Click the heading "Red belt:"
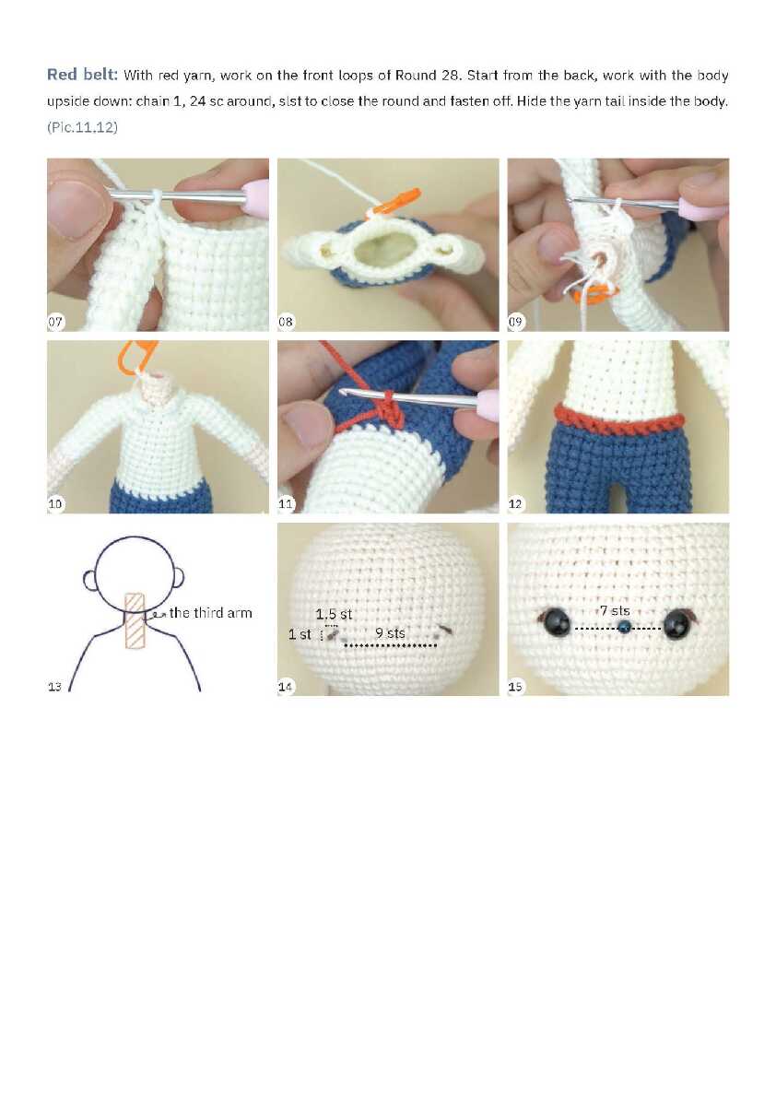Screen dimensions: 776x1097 coord(83,74)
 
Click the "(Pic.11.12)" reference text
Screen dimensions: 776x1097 coord(83,127)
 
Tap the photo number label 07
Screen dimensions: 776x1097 coord(55,322)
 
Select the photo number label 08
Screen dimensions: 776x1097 coord(286,322)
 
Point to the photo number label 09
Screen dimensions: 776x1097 coord(516,322)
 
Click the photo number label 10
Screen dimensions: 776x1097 coord(55,503)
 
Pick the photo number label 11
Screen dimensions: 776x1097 coord(286,503)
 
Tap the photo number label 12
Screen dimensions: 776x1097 coord(516,503)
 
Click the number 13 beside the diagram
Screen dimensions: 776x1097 coord(54,687)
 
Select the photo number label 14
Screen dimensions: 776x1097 coord(285,687)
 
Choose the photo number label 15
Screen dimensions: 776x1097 coord(516,687)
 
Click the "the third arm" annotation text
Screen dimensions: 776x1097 coord(211,613)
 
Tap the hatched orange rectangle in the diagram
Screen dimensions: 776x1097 coord(135,620)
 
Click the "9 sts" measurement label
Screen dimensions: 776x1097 coord(390,633)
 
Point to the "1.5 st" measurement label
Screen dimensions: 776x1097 coord(334,614)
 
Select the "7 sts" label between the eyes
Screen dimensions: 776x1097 coord(615,611)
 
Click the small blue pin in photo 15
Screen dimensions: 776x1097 coord(624,626)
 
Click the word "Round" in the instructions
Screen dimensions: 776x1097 coord(417,75)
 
